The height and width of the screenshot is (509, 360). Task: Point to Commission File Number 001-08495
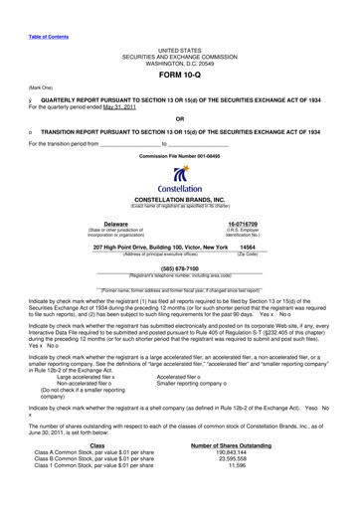point(179,158)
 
